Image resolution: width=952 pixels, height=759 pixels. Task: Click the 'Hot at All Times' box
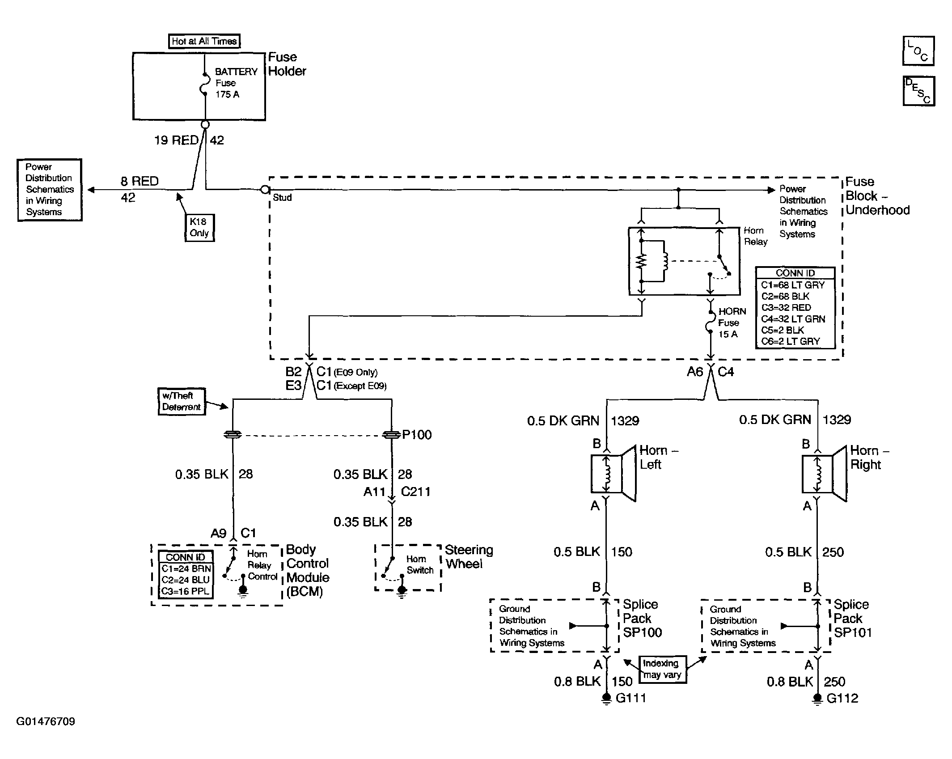[x=204, y=41]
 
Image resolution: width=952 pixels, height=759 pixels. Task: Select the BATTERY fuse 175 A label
[x=236, y=83]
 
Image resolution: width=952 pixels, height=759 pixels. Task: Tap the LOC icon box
[x=918, y=51]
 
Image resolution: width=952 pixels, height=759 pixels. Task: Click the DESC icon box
[x=918, y=91]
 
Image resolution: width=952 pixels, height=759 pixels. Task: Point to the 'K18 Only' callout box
[x=199, y=228]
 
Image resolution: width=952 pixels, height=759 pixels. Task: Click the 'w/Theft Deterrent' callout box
[x=182, y=401]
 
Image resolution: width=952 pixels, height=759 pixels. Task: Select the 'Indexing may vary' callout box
[x=662, y=669]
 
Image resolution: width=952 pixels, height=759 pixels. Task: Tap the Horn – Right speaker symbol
[x=824, y=473]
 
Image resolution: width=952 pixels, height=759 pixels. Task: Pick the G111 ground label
[x=631, y=698]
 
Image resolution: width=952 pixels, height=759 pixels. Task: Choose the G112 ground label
[x=842, y=698]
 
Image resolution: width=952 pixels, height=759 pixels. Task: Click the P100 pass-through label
[x=417, y=435]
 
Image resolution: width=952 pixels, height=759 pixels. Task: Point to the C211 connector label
[x=415, y=492]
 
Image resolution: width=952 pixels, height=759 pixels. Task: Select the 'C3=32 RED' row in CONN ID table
[x=786, y=308]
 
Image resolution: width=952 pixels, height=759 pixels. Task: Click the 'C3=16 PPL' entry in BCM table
[x=186, y=591]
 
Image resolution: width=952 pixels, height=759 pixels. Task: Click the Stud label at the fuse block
[x=282, y=197]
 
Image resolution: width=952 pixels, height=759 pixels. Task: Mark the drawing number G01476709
[x=46, y=721]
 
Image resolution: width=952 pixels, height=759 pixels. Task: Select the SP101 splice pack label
[x=852, y=633]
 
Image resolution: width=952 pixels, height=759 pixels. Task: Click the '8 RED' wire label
[x=140, y=181]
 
